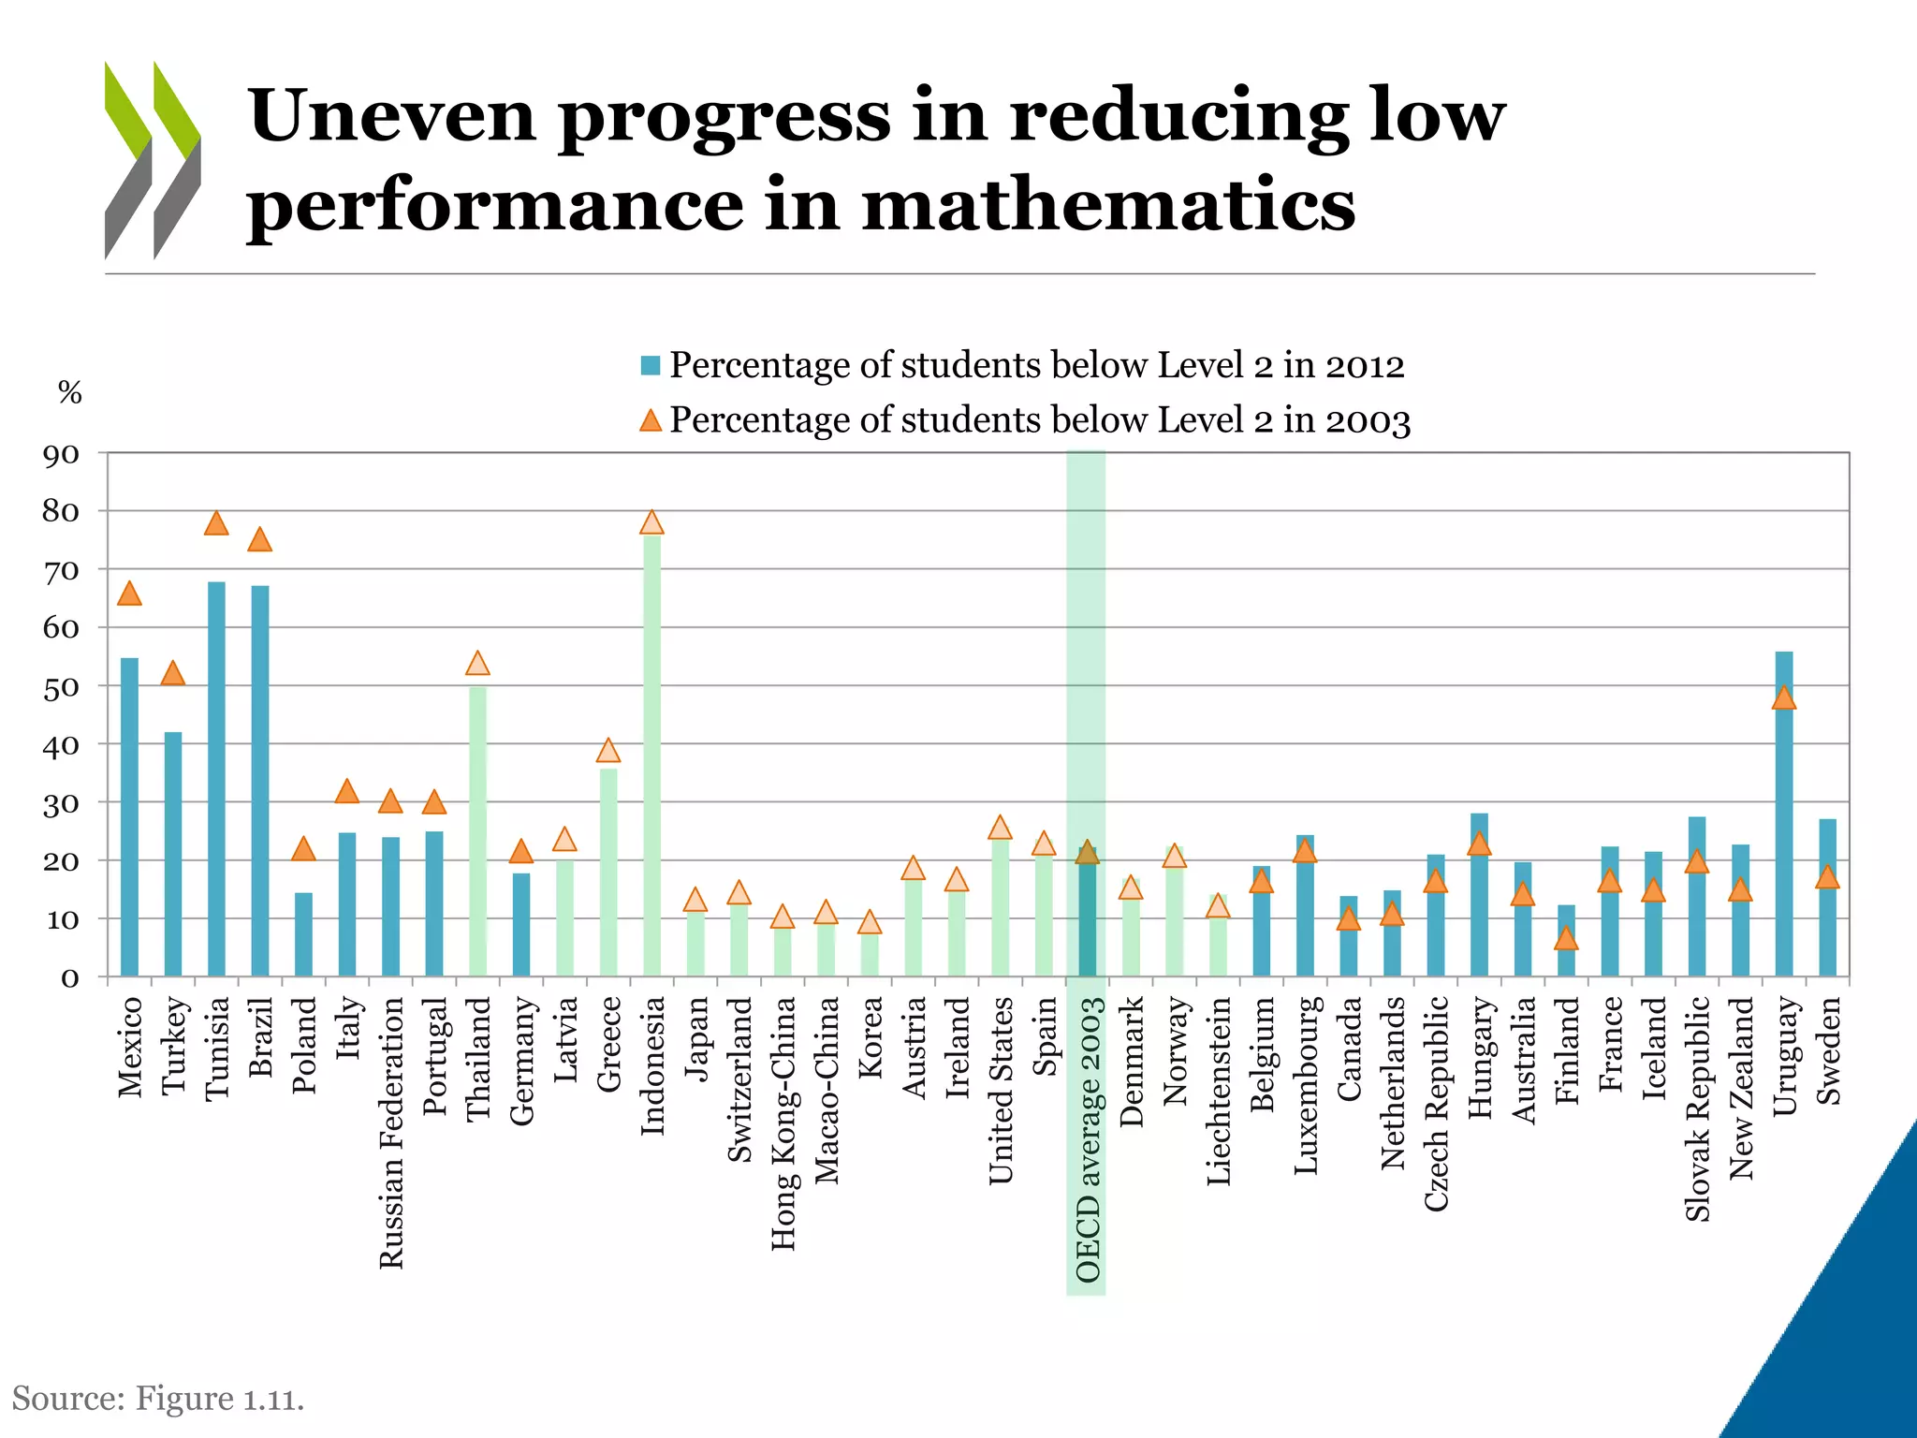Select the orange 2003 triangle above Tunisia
[x=216, y=523]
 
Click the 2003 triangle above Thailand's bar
[x=477, y=664]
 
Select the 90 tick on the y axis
[x=62, y=456]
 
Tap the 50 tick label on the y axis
[x=62, y=688]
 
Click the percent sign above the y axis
[x=70, y=392]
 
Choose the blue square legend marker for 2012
[x=651, y=365]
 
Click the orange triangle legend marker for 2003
[x=651, y=420]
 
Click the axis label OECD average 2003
[x=1087, y=1138]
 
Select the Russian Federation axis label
[x=391, y=1132]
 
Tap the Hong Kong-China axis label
[x=783, y=1123]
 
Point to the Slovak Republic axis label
[x=1697, y=1108]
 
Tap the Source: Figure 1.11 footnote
[x=158, y=1399]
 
